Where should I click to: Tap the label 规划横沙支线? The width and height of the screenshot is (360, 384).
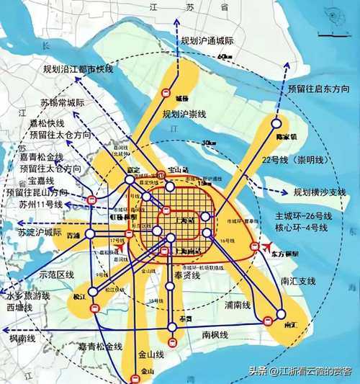click(321, 192)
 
